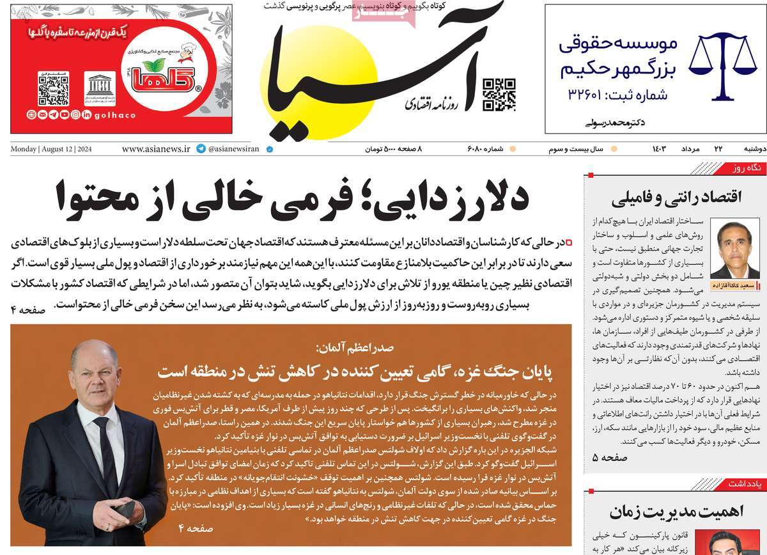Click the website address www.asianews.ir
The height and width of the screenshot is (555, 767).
[156, 149]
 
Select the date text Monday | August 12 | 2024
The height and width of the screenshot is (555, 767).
[51, 149]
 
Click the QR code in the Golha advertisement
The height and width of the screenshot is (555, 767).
[53, 90]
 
